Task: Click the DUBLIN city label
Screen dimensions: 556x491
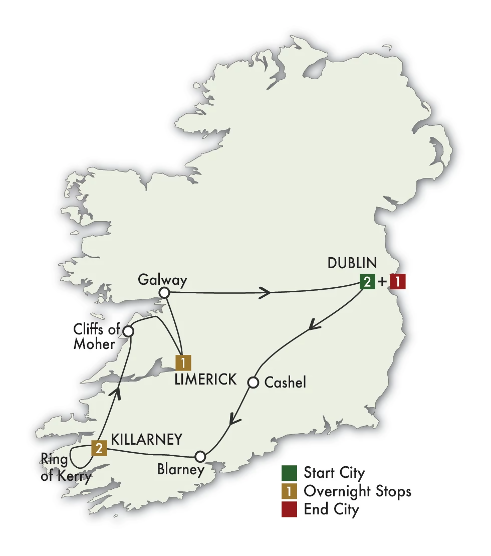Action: tap(352, 264)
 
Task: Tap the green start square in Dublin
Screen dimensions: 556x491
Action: tap(367, 282)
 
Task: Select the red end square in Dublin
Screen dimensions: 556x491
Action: tap(397, 282)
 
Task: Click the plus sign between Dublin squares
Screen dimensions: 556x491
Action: tap(382, 282)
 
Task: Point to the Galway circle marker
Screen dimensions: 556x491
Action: tap(163, 293)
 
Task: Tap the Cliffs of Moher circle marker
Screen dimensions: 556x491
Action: tap(128, 331)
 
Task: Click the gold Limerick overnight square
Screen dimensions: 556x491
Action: tap(183, 362)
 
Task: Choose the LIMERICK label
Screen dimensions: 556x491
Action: tap(205, 380)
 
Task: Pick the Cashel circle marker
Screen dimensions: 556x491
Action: tap(254, 383)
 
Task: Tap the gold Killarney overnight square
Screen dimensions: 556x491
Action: tap(99, 448)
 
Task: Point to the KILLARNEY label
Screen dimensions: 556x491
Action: tap(146, 440)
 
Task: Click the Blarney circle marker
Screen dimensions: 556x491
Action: tap(200, 456)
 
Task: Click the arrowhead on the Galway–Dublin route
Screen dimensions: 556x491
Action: tap(264, 293)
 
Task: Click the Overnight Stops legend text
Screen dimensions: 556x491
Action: tap(357, 491)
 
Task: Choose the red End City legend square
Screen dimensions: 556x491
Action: tap(289, 510)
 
